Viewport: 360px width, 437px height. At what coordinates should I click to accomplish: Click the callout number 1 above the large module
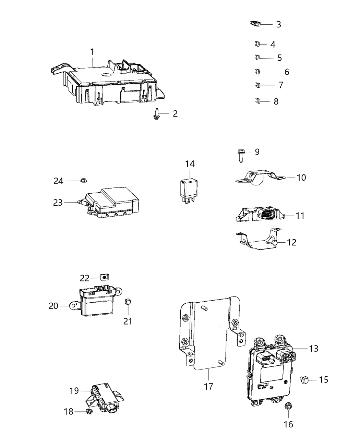92,52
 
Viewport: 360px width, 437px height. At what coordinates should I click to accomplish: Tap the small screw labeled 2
156,114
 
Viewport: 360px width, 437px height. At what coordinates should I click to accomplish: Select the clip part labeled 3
254,24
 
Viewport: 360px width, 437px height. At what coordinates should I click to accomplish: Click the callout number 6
287,72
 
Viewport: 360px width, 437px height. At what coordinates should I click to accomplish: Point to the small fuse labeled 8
258,101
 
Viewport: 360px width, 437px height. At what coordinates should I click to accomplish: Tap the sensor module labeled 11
261,215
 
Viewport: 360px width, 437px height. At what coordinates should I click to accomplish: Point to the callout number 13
313,349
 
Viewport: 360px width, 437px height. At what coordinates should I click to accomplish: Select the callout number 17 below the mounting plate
208,387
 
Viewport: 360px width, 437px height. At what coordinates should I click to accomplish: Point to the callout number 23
58,203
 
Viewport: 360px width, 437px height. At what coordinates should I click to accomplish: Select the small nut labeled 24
83,180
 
